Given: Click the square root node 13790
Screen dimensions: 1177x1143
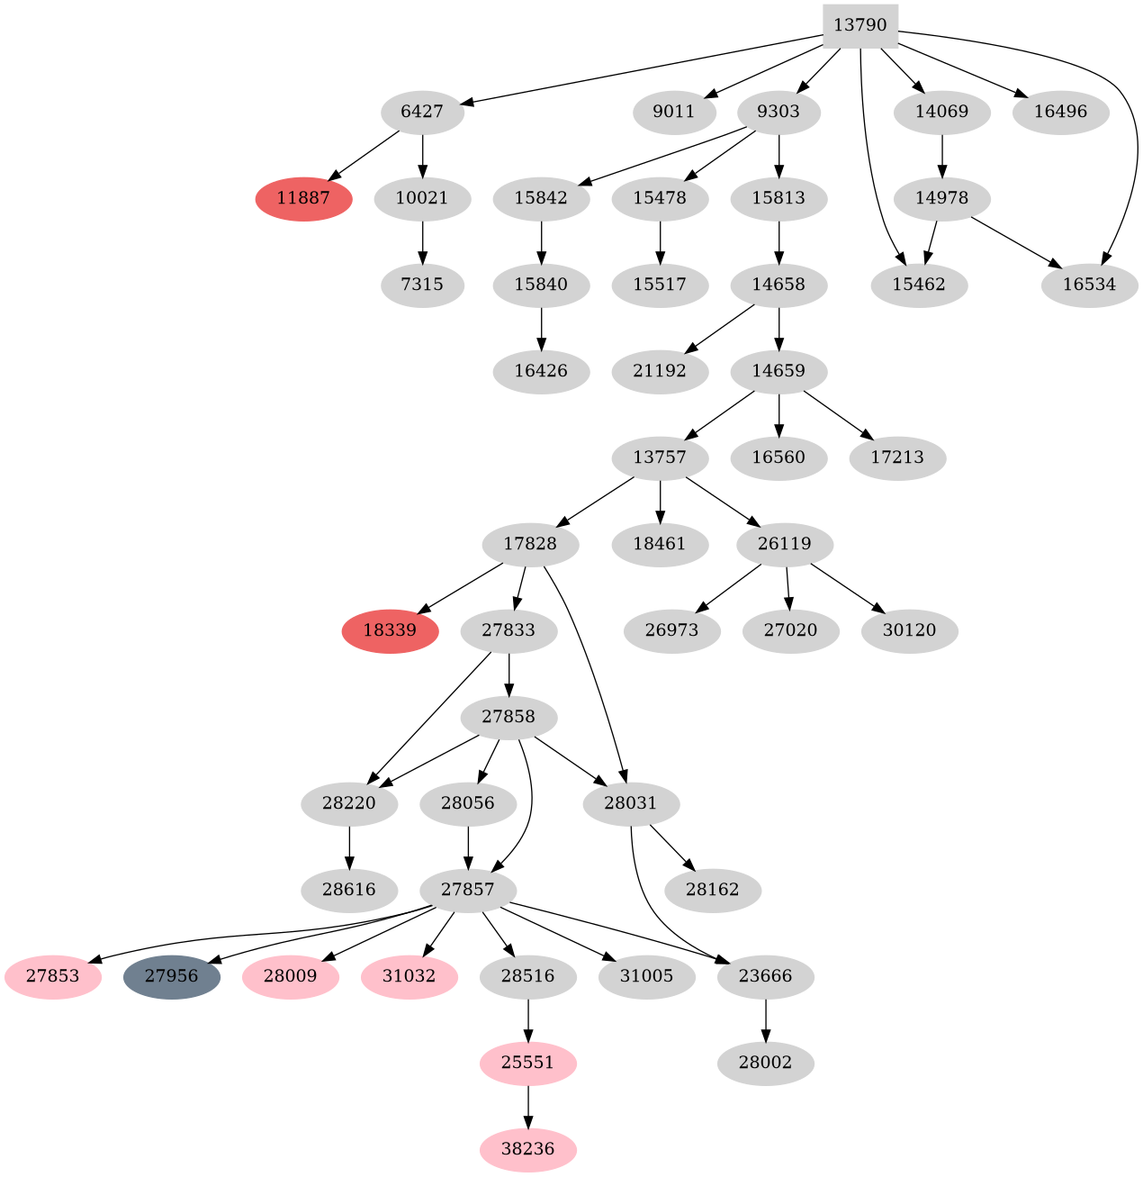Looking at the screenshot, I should pyautogui.click(x=860, y=25).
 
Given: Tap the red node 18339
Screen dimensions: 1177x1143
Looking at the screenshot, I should pyautogui.click(x=390, y=630).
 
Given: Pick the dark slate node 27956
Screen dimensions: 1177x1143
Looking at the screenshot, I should pyautogui.click(x=171, y=976).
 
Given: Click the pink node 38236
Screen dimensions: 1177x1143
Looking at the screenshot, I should pyautogui.click(x=527, y=1149).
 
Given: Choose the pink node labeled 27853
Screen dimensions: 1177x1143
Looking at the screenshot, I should pyautogui.click(x=52, y=976).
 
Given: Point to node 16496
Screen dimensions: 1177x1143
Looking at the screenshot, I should pyautogui.click(x=1061, y=113).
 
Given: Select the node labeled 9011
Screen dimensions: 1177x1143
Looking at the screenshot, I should pyautogui.click(x=673, y=113).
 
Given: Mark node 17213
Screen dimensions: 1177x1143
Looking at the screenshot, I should pyautogui.click(x=897, y=457).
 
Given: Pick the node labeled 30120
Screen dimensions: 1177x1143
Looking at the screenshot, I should pyautogui.click(x=909, y=630).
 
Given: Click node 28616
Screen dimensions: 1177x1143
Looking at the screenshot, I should pyautogui.click(x=349, y=890).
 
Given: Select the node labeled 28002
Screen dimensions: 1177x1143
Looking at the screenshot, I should pyautogui.click(x=765, y=1063).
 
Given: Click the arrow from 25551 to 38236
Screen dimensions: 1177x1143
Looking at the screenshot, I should pyautogui.click(x=527, y=1106).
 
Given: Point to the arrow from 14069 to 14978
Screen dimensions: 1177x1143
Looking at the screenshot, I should pyautogui.click(x=941, y=155).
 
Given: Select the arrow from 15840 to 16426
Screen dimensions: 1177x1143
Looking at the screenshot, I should pyautogui.click(x=541, y=328).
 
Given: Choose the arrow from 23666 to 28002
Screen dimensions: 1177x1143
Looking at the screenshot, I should pyautogui.click(x=765, y=1019).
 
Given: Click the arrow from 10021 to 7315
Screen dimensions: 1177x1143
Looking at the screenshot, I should pyautogui.click(x=422, y=241).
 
